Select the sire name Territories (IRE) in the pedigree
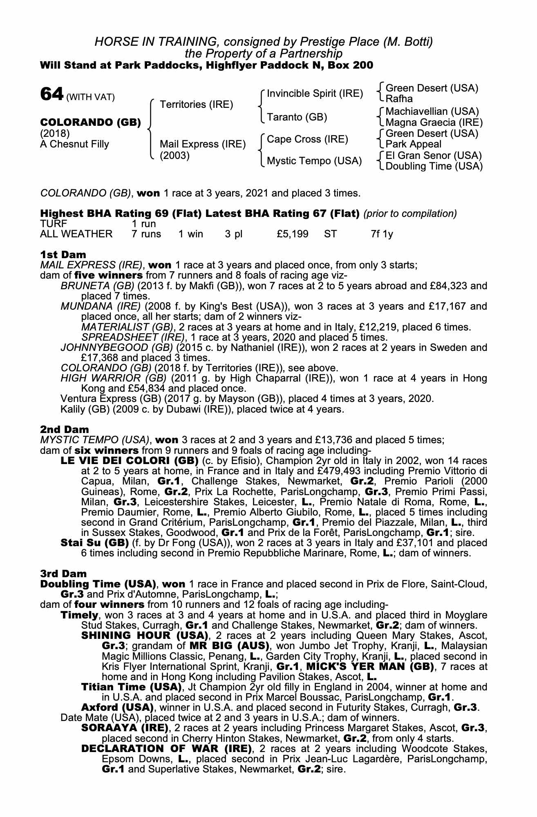[x=196, y=105]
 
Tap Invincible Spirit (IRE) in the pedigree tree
[x=315, y=94]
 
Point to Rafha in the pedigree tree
[x=399, y=99]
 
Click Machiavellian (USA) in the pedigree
[x=432, y=112]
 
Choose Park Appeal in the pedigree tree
[x=413, y=144]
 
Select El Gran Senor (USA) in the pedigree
[x=434, y=156]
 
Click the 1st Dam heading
[x=63, y=255]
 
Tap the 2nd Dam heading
[x=65, y=429]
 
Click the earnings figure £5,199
[x=292, y=234]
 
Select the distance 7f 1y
[x=382, y=234]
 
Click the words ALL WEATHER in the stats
[x=76, y=234]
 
